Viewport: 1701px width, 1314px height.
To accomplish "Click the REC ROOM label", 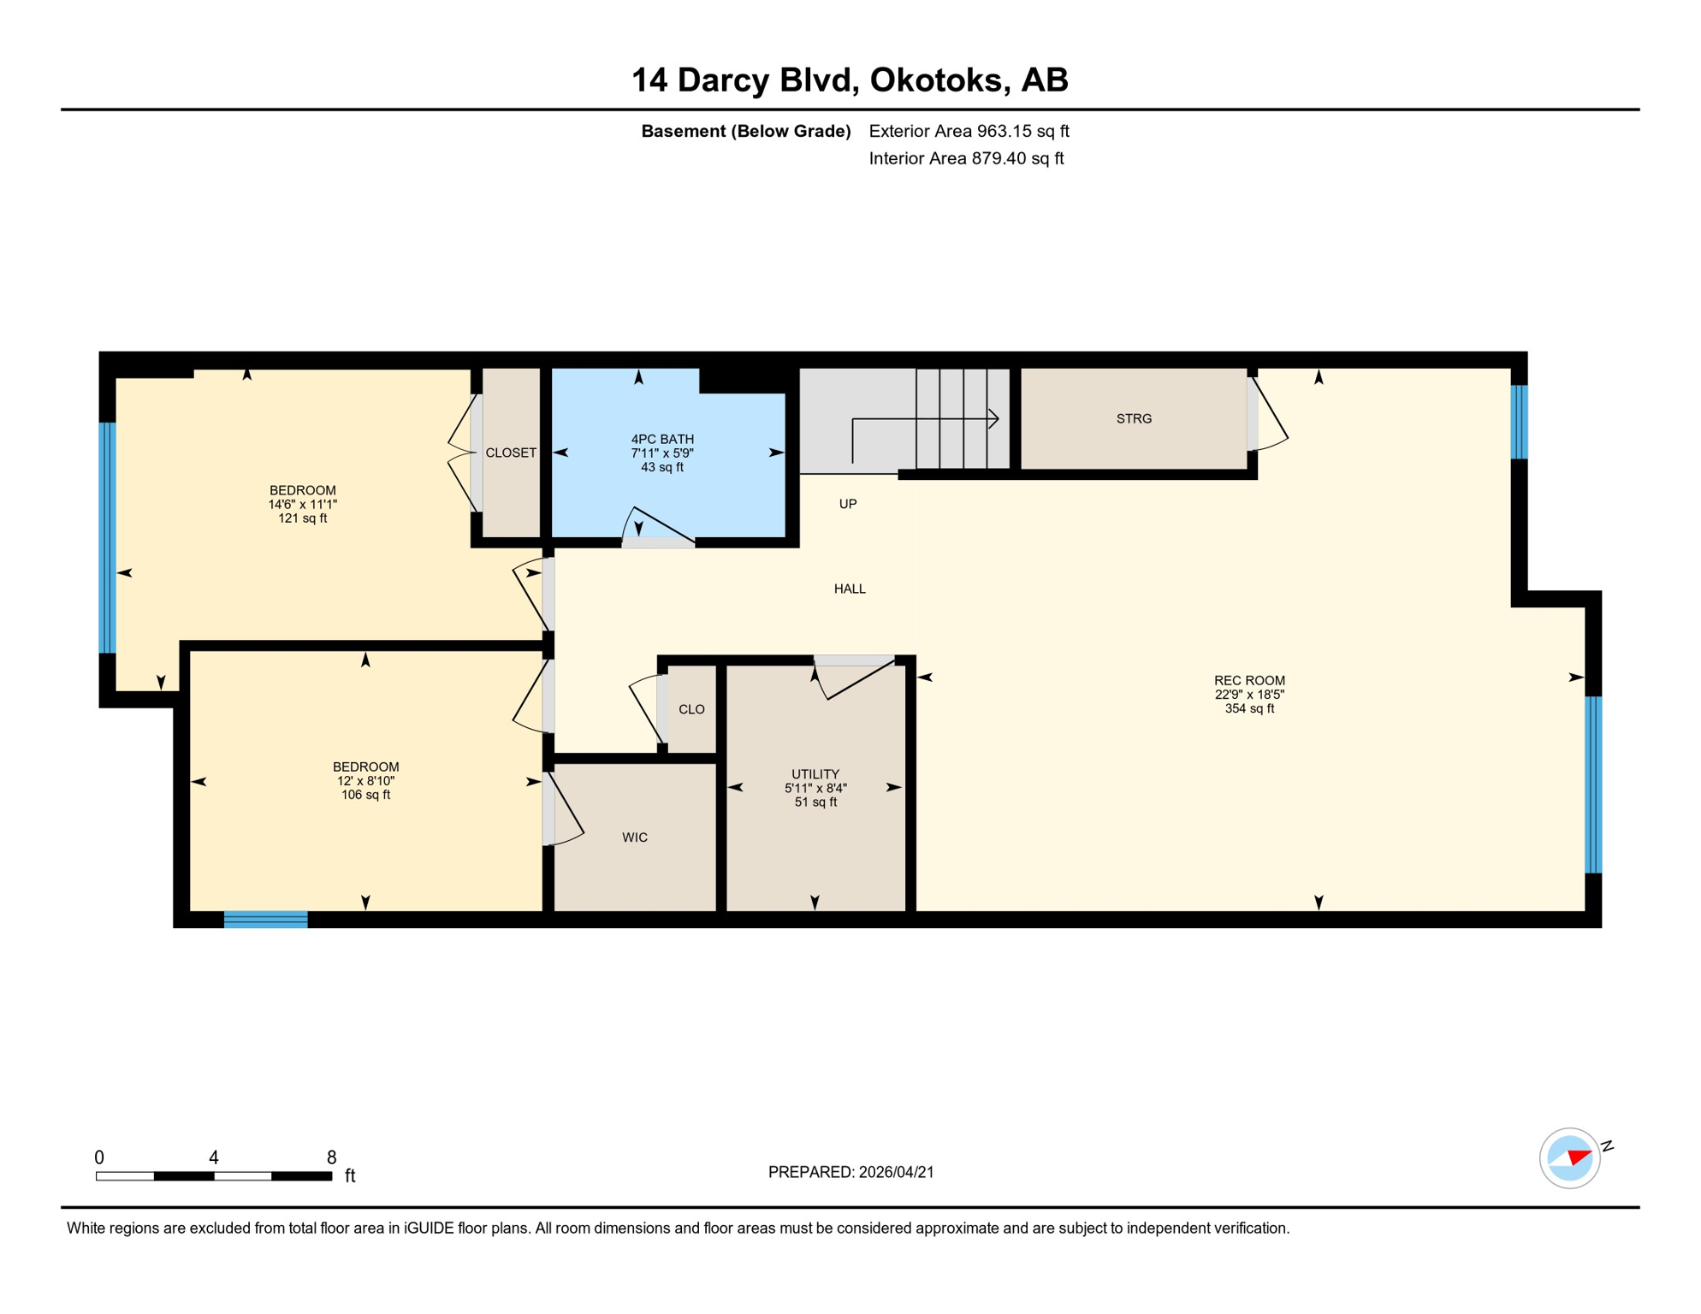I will click(1249, 681).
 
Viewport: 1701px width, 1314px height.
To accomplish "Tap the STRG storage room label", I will click(1134, 419).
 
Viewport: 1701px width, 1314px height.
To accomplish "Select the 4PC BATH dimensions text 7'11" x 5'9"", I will click(662, 453).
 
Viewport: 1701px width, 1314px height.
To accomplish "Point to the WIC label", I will click(635, 838).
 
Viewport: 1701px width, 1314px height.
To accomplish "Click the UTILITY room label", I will click(815, 774).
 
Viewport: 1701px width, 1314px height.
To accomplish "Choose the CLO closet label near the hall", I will click(691, 709).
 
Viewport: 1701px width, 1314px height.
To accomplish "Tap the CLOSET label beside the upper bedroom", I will click(511, 453).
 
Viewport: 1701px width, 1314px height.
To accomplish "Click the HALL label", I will click(850, 589).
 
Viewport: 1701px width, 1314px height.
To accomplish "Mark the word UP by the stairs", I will click(848, 504).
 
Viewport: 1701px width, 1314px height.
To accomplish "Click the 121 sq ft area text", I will click(302, 518).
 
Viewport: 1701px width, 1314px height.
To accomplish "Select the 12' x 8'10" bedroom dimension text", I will click(365, 781).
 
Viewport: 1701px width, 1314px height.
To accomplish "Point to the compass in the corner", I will click(1570, 1158).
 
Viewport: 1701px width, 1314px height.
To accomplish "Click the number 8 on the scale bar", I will click(331, 1157).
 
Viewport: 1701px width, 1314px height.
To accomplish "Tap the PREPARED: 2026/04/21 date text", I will click(850, 1172).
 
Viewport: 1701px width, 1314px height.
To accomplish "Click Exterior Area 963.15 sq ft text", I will click(969, 131).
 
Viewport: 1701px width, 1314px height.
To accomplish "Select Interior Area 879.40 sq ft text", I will click(966, 158).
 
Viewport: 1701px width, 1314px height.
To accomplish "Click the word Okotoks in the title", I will click(936, 80).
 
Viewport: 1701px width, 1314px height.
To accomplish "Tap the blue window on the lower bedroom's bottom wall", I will click(265, 920).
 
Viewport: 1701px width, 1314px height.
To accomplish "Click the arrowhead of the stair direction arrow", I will click(994, 419).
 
